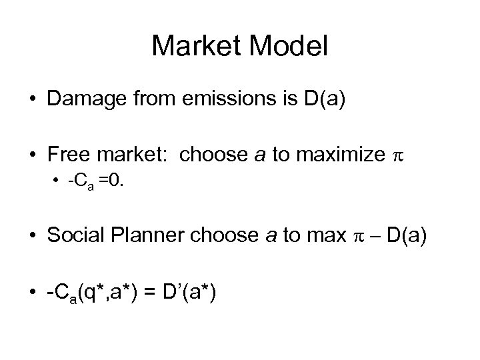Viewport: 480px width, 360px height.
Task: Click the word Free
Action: pos(66,155)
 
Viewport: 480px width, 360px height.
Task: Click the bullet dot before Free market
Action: pos(31,155)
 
